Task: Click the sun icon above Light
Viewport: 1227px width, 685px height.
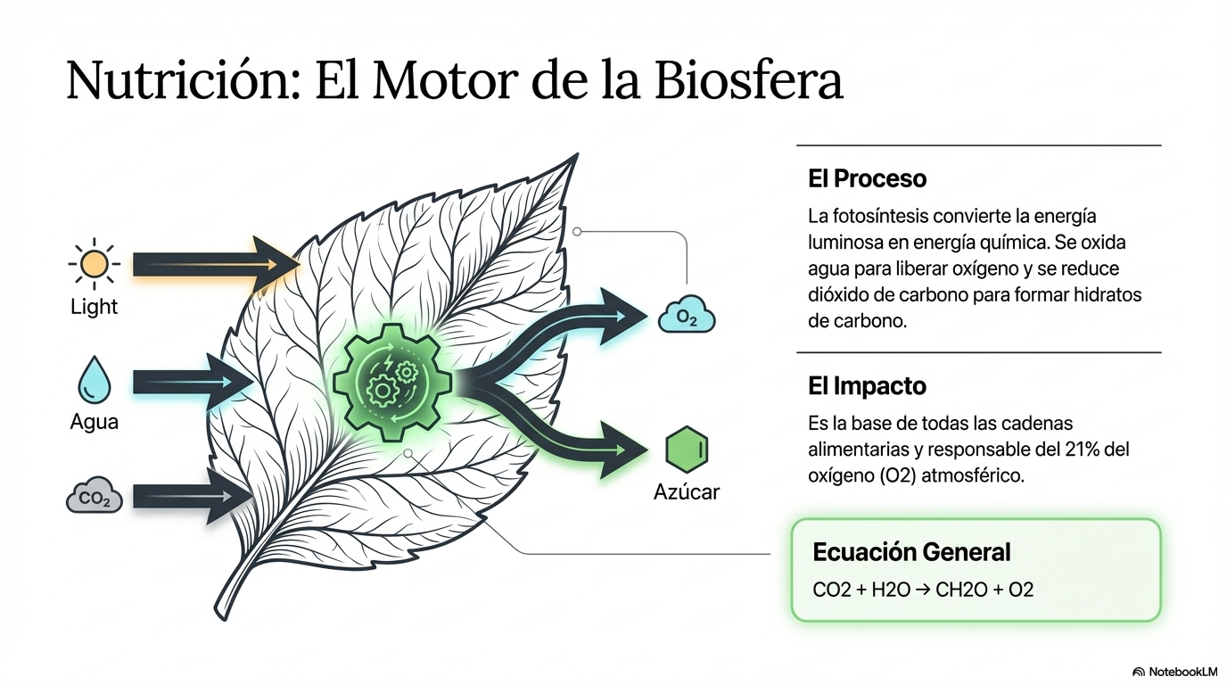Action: [x=95, y=264]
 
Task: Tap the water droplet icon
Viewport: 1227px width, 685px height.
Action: [x=95, y=380]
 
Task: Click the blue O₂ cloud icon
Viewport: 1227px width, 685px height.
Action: [x=687, y=315]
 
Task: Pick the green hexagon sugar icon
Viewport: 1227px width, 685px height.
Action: [x=687, y=450]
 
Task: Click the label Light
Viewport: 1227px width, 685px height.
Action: [x=95, y=307]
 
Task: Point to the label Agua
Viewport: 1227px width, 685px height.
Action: [x=95, y=423]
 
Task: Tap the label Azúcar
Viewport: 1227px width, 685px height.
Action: [x=687, y=492]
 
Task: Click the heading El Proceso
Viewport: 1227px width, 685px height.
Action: [x=867, y=178]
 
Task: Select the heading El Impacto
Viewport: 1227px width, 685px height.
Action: [x=867, y=386]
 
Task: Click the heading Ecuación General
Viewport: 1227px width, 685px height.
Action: [x=911, y=552]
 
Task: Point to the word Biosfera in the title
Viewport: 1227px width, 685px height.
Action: [x=749, y=80]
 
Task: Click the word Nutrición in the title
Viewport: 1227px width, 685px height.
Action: [x=184, y=80]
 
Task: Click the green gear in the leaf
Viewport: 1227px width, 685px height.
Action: [x=392, y=383]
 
